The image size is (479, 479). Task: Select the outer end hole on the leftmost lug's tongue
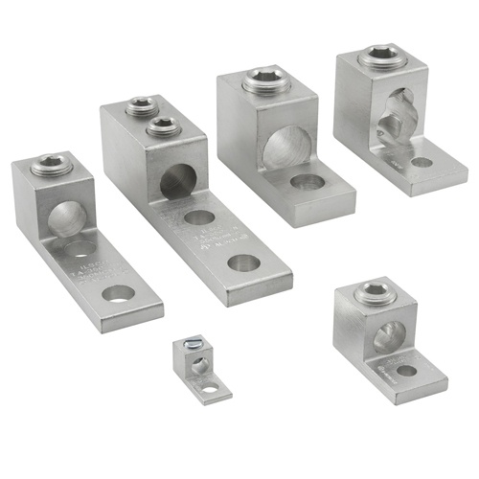click(x=119, y=293)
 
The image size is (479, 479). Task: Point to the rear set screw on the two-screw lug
click(x=143, y=104)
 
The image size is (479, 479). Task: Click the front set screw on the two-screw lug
click(x=165, y=124)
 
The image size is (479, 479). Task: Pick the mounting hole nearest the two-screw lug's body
click(x=199, y=217)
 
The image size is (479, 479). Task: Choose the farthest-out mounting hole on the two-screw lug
click(x=243, y=262)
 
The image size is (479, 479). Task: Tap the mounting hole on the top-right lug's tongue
click(x=422, y=162)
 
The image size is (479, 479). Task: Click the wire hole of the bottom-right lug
click(x=388, y=335)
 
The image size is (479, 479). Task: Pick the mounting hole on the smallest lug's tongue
click(x=209, y=388)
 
